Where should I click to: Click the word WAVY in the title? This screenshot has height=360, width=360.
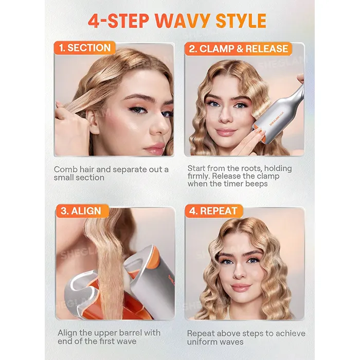[x=183, y=21]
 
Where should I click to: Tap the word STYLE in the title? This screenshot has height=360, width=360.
[x=241, y=21]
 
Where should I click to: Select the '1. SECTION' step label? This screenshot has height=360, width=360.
[x=85, y=48]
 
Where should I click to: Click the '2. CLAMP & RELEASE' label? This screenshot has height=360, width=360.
[x=238, y=49]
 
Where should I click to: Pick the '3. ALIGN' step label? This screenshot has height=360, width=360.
[x=82, y=211]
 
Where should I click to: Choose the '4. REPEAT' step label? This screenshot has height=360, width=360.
[x=213, y=211]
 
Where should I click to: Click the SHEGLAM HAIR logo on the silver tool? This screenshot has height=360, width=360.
[x=277, y=118]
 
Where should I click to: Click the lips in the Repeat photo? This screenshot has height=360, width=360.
[x=241, y=287]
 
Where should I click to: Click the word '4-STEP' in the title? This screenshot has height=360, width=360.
[x=118, y=21]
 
